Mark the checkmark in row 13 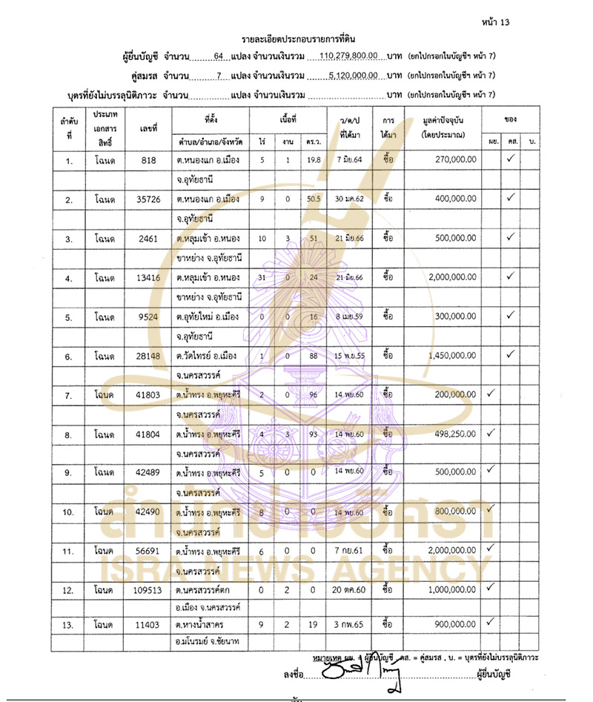pos(489,621)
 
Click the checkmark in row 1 pos(510,157)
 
